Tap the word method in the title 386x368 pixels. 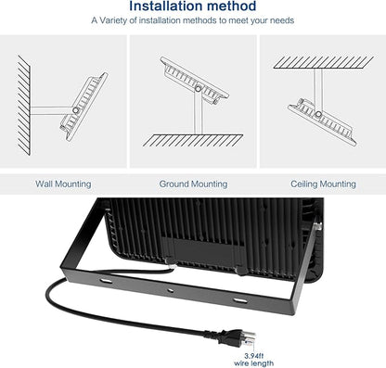coord(230,6)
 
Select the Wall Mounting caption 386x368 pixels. coord(63,184)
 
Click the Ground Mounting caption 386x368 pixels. coord(193,184)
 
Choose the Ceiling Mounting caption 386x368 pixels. coord(323,184)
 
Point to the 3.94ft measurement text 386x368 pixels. coord(253,356)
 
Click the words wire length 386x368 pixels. coord(253,363)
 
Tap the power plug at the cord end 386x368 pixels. coord(234,337)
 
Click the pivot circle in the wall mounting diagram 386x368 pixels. coord(75,110)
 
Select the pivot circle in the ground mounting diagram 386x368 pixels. coord(198,89)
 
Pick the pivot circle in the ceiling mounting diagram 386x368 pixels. coord(318,114)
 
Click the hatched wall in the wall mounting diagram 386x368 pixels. coord(24,105)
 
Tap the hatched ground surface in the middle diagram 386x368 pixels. coord(193,140)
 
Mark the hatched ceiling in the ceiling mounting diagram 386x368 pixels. coord(324,62)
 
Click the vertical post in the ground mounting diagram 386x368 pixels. coord(198,113)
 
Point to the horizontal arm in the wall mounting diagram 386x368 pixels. coord(51,110)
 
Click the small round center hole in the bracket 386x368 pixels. coord(170,290)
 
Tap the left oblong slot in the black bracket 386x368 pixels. coord(106,281)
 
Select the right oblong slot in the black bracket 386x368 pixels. coord(240,300)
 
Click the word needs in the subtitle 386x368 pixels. coord(282,20)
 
